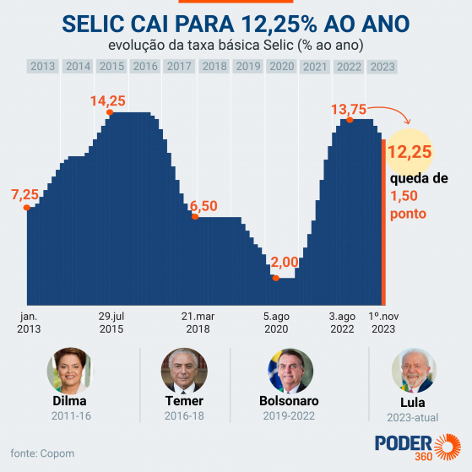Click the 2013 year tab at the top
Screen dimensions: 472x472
coord(43,66)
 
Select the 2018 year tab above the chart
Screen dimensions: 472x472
coord(214,66)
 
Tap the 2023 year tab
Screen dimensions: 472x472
coord(382,66)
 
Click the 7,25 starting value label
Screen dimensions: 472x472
coord(24,195)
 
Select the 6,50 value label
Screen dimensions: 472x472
coord(203,206)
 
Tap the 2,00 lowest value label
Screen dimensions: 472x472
coord(285,263)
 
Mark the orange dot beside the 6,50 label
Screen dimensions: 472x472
coord(195,217)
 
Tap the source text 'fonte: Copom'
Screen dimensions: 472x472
coord(42,453)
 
